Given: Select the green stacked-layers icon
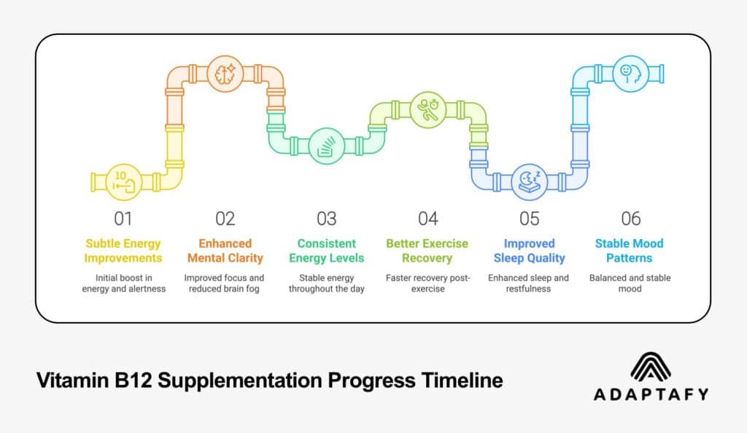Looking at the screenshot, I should (x=325, y=144).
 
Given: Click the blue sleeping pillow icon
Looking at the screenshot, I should (x=529, y=181).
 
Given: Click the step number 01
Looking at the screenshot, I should (x=123, y=219).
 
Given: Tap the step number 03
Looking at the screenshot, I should (x=326, y=219).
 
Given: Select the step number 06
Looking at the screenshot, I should (x=631, y=219).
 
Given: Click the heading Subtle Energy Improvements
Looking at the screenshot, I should (x=123, y=251).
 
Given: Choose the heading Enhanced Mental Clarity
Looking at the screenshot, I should (x=224, y=251).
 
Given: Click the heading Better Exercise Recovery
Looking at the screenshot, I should (x=427, y=251).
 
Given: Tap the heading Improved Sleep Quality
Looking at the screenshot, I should (x=529, y=251).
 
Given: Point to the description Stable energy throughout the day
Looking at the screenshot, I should (x=326, y=283).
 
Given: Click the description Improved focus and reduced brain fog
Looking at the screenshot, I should (x=224, y=283).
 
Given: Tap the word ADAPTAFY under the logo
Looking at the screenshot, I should (x=651, y=394).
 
